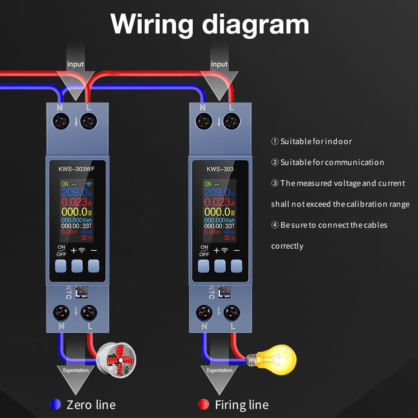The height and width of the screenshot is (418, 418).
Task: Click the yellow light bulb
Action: [x=276, y=359]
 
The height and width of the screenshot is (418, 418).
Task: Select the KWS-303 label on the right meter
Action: [x=220, y=169]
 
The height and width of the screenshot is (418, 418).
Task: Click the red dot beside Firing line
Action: [x=203, y=404]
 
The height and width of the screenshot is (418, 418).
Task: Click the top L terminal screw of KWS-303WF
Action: [x=88, y=122]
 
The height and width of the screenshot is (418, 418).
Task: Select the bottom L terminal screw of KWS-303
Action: [x=231, y=312]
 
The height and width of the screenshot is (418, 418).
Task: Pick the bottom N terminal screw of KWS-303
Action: [x=204, y=312]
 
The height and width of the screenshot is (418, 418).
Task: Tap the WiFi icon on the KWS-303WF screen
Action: [x=89, y=184]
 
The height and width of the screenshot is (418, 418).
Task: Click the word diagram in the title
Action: [x=256, y=24]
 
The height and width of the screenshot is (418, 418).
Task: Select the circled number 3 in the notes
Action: [x=275, y=183]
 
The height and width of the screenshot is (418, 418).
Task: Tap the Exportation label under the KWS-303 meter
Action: [x=219, y=370]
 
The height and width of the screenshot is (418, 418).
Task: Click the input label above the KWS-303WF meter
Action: [x=76, y=64]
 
